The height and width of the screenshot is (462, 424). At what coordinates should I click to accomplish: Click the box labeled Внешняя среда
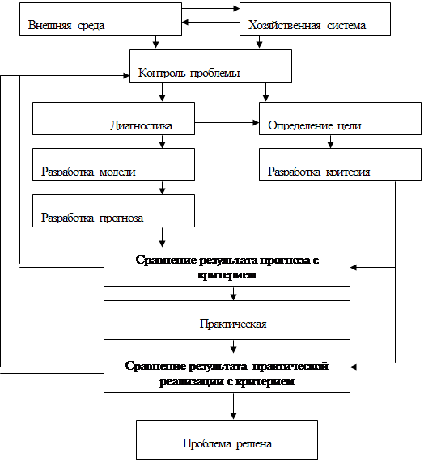[x=100, y=19]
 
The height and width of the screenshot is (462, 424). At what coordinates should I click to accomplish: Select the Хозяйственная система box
[x=315, y=19]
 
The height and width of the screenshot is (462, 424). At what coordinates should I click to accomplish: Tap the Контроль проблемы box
[x=210, y=66]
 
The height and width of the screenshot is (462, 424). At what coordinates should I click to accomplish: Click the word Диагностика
[x=142, y=125]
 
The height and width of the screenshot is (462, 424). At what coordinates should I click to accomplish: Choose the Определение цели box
[x=340, y=118]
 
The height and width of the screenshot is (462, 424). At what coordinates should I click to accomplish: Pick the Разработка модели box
[x=113, y=164]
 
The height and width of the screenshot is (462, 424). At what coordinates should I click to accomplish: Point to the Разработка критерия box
[x=340, y=164]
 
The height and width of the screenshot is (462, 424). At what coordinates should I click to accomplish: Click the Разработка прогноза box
[x=113, y=210]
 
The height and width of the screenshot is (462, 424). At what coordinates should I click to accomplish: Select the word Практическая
[x=233, y=324]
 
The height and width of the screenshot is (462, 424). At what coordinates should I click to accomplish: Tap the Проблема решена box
[x=227, y=439]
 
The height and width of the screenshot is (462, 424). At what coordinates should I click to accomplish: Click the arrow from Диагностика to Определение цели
[x=227, y=122]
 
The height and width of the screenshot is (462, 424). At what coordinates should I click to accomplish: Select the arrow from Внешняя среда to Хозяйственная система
[x=210, y=9]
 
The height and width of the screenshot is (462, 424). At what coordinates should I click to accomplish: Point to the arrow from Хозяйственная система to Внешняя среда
[x=210, y=23]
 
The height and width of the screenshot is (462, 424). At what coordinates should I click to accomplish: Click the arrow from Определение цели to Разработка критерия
[x=330, y=142]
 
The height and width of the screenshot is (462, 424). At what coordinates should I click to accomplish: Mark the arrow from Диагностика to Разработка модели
[x=162, y=142]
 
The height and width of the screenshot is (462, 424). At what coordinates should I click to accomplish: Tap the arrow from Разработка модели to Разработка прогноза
[x=162, y=188]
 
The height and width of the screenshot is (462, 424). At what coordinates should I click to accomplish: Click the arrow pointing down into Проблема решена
[x=233, y=406]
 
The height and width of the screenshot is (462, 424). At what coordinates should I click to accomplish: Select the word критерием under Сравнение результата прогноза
[x=227, y=275]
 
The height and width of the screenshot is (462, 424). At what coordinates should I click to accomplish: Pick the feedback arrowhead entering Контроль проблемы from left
[x=126, y=76]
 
